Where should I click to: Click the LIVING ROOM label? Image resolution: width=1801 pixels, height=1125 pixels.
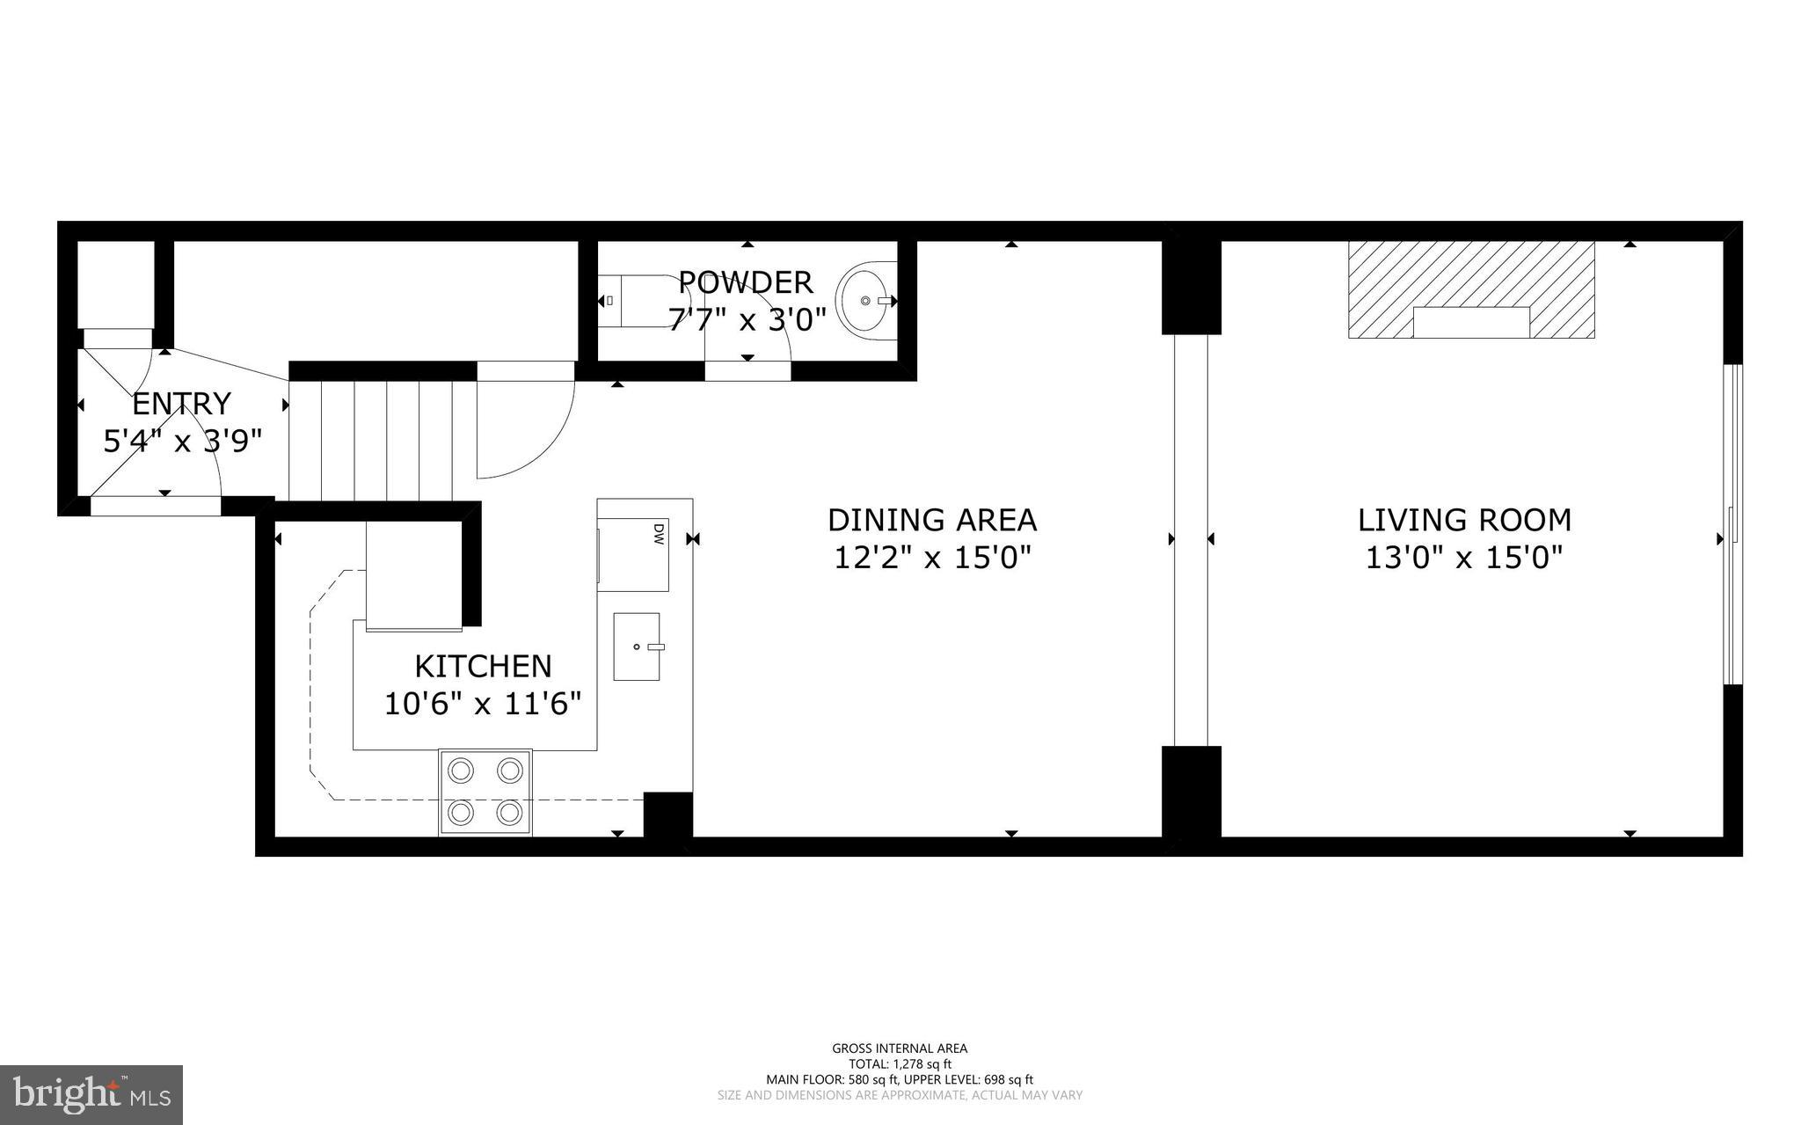(x=1464, y=520)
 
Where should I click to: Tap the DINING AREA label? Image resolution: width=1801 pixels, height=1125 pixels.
(x=932, y=520)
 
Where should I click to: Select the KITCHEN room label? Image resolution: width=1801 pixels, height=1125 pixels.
(x=483, y=666)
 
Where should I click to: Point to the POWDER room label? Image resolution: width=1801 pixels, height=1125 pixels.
(x=746, y=282)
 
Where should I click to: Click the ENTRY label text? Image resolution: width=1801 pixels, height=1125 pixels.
(x=181, y=404)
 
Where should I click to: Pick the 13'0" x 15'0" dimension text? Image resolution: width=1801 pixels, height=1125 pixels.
(x=1464, y=558)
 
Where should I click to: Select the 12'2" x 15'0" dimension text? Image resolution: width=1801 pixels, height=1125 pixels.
(x=932, y=558)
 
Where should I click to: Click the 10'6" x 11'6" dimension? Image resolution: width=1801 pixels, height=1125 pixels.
(x=483, y=704)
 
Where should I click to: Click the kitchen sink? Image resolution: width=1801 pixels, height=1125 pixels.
(x=636, y=647)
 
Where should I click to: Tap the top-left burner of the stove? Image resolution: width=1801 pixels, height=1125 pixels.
(x=461, y=771)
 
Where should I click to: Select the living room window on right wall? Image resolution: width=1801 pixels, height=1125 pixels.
(x=1732, y=524)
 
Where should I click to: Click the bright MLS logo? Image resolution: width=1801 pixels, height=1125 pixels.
(x=91, y=1093)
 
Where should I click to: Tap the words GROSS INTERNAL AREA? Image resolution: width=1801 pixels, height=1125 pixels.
(x=900, y=1048)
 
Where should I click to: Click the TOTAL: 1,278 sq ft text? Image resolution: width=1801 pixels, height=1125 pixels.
(x=900, y=1063)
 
